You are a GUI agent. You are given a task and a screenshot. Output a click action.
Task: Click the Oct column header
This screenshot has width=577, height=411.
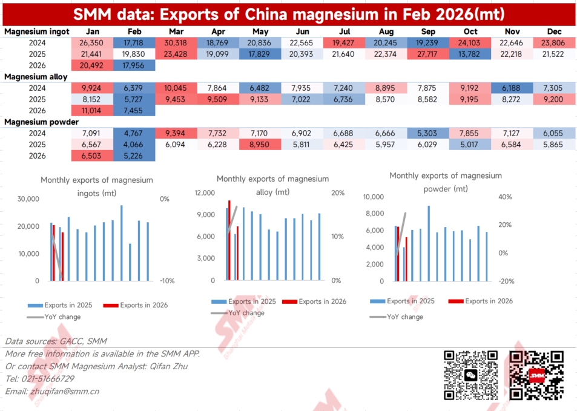tap(470, 31)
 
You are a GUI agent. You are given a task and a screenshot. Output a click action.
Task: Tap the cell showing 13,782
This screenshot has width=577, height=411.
tap(470, 65)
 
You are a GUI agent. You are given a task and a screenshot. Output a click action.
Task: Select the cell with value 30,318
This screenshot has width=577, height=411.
tap(176, 43)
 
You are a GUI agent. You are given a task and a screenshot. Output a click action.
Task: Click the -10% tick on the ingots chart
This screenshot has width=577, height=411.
tap(168, 281)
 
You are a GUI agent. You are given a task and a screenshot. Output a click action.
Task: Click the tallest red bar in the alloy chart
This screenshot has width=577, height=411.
tap(229, 240)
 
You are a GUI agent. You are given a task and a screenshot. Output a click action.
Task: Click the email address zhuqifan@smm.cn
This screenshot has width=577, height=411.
tap(65, 391)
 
